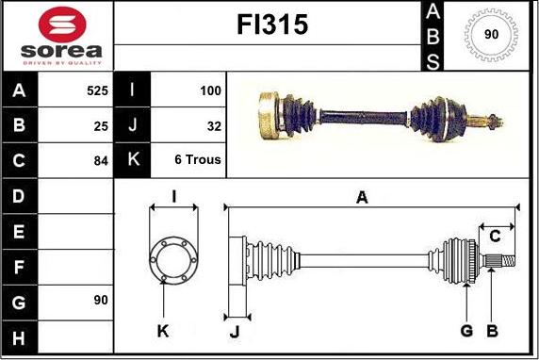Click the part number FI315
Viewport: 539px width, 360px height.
pos(272,25)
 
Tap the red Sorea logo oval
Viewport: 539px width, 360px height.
pos(62,25)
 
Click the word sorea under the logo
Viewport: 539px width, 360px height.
pos(61,51)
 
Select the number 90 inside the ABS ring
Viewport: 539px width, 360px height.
pos(491,34)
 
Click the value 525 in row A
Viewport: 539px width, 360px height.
pos(98,90)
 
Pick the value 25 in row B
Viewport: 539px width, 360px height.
pos(101,126)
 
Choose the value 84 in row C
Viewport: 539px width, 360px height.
pos(101,160)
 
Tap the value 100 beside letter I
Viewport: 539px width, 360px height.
pos(210,90)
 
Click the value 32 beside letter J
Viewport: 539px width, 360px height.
pos(214,126)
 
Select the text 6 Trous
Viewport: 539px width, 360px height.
pos(198,159)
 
